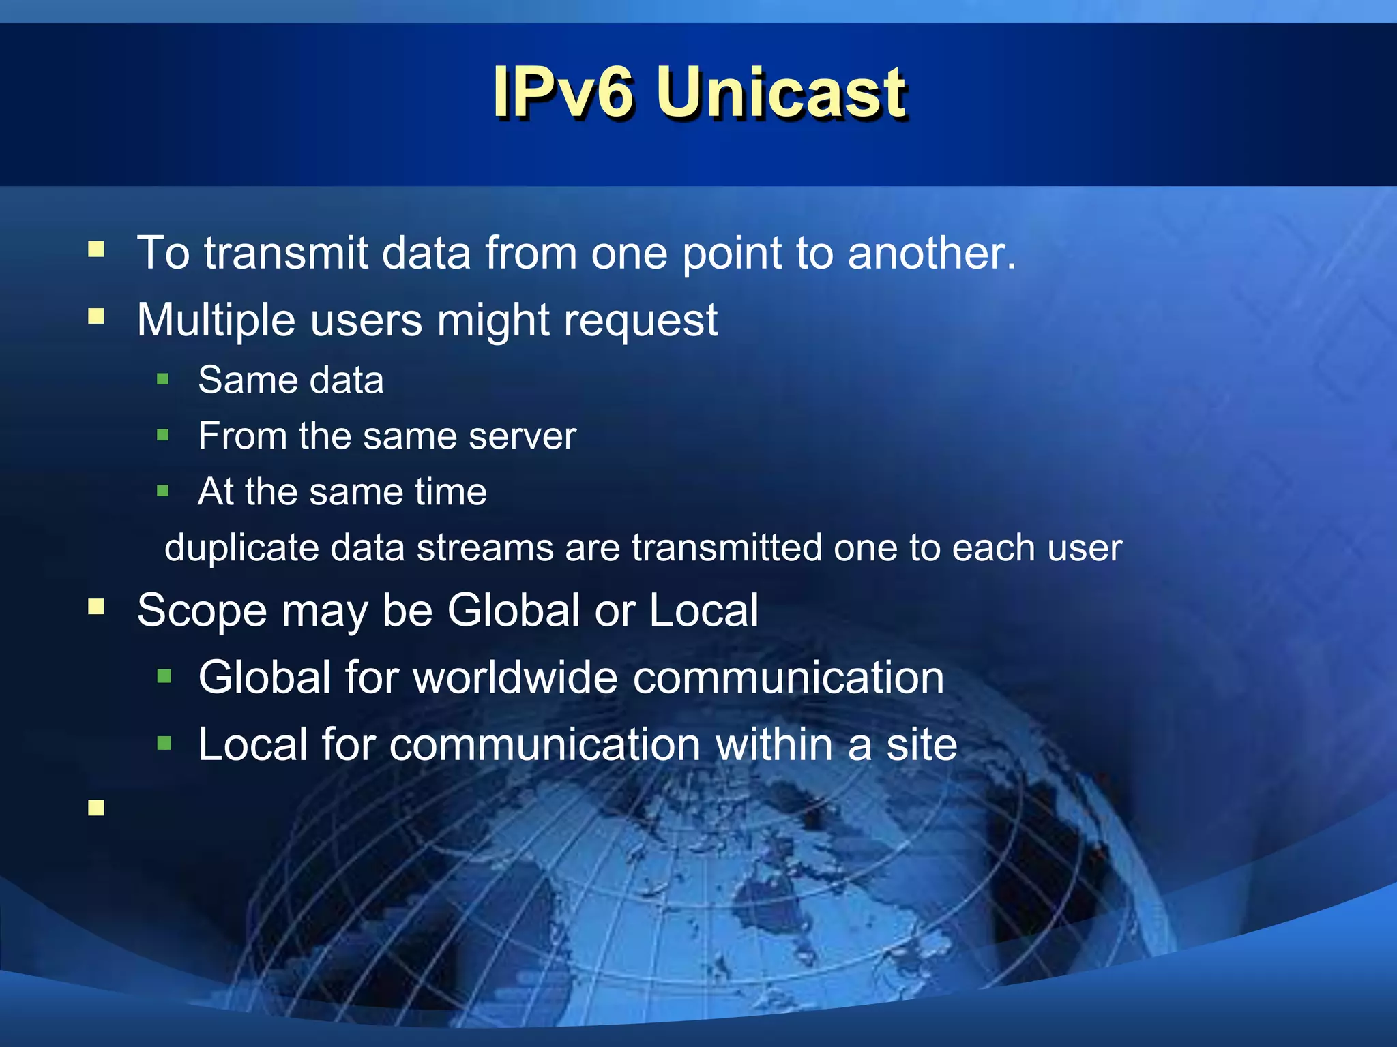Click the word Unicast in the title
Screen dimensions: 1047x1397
[x=781, y=93]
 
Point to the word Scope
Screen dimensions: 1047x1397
[x=202, y=611]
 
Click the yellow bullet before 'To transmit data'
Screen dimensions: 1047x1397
[x=96, y=249]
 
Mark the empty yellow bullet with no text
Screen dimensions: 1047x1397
[x=96, y=808]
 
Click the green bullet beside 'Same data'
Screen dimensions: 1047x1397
[x=162, y=379]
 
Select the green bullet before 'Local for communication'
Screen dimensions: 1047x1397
[x=164, y=742]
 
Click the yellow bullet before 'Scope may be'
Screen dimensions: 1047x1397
[x=96, y=607]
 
